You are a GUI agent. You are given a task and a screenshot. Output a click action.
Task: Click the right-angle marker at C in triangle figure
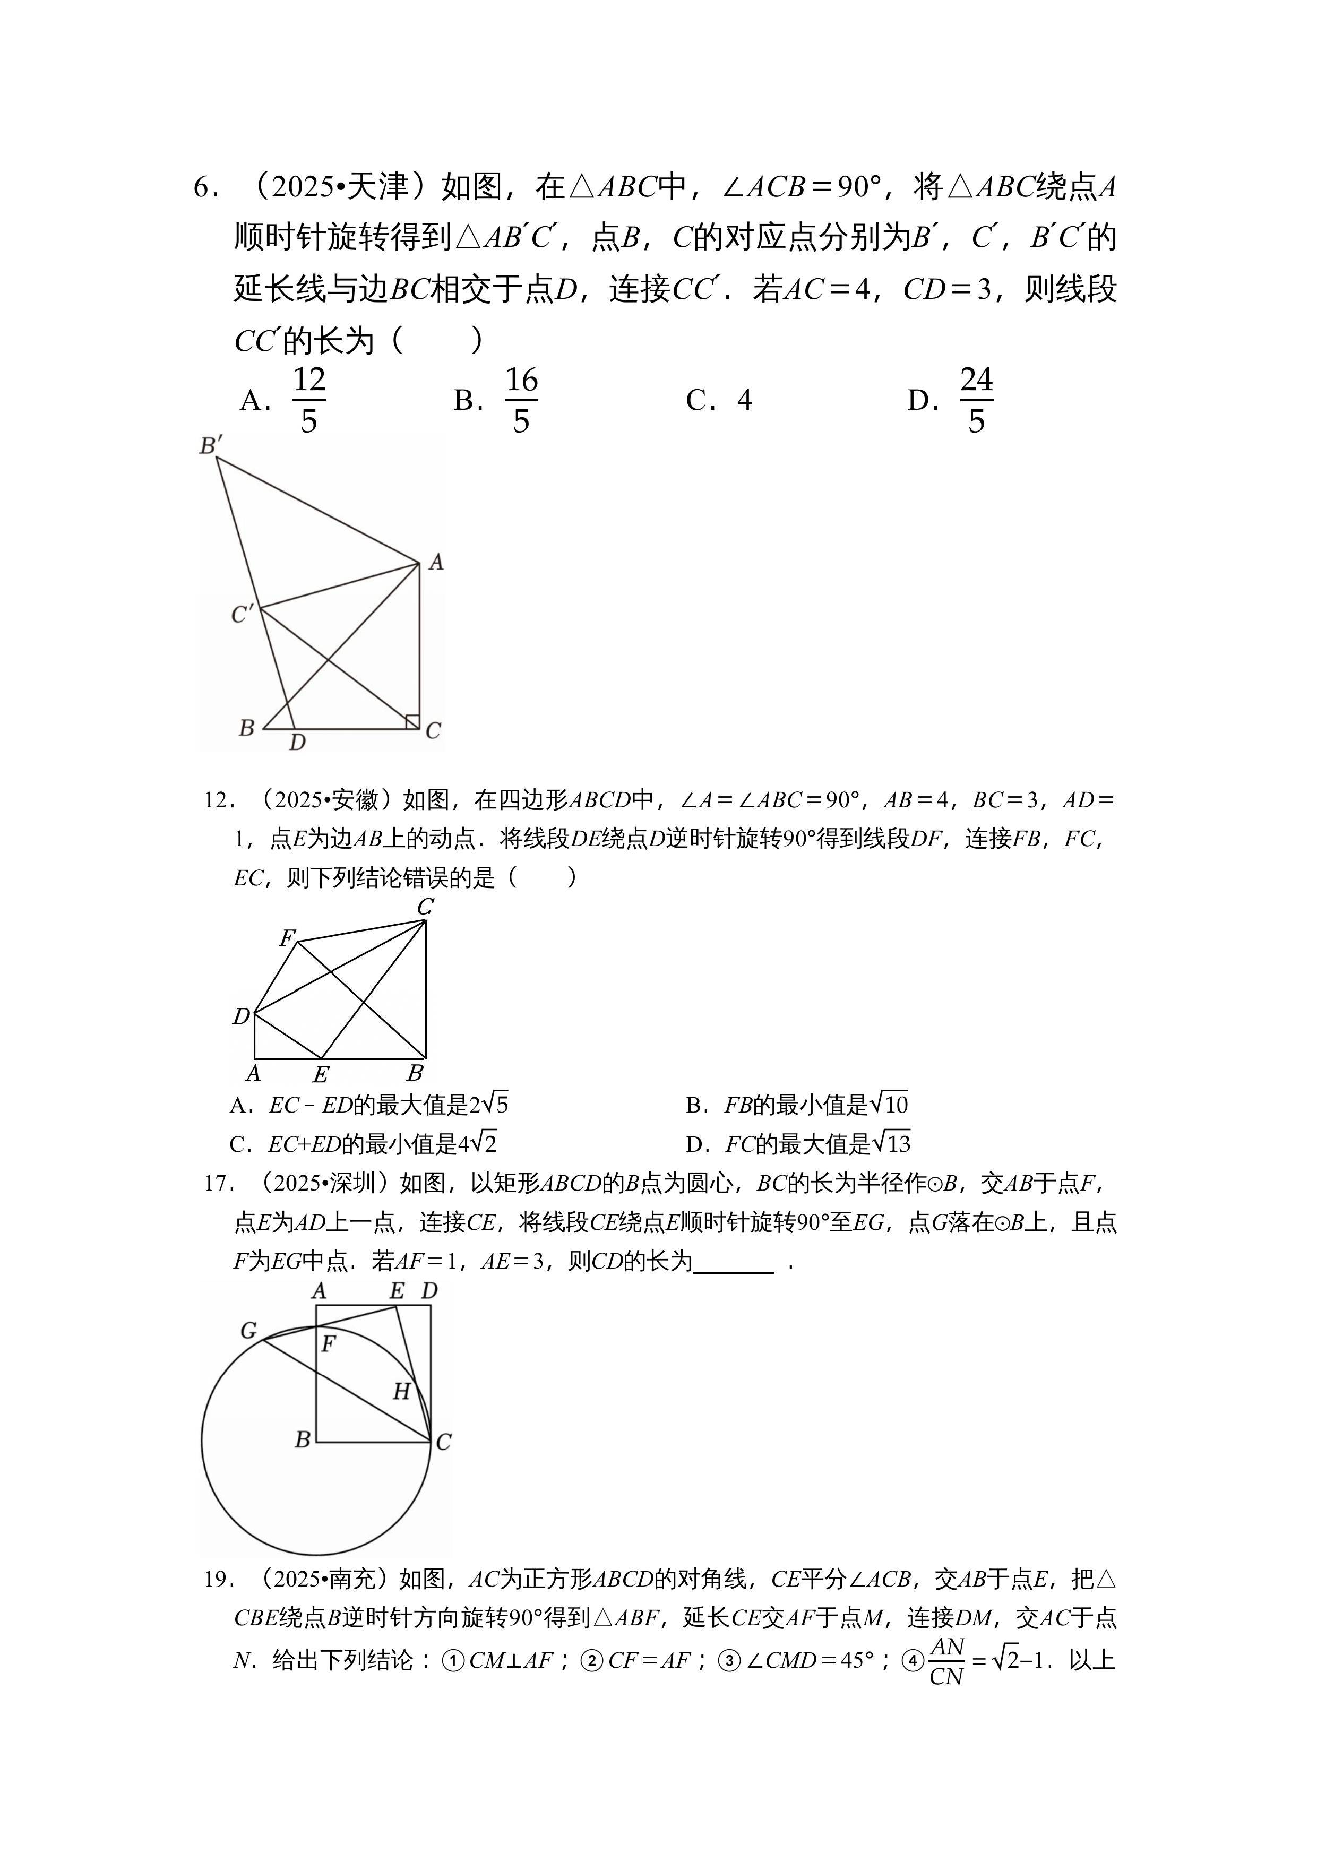click(412, 721)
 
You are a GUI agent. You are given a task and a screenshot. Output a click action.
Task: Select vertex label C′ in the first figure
click(241, 615)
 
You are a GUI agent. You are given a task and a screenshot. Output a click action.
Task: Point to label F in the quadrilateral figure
click(286, 938)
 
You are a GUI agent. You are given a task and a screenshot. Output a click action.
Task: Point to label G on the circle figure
click(248, 1331)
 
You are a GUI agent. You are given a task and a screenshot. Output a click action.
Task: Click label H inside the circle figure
click(401, 1392)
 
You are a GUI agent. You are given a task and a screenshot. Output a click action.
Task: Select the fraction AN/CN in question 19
click(946, 1662)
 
